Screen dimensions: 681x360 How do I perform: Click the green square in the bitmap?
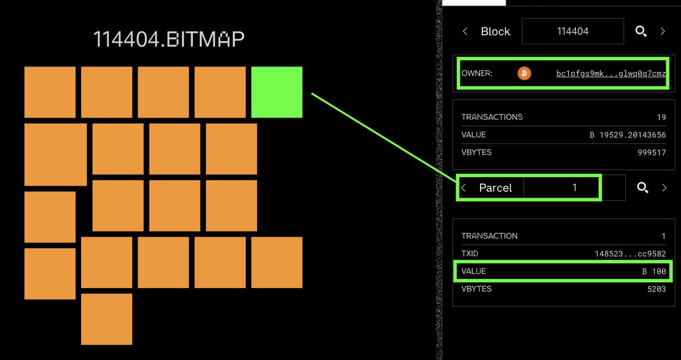point(276,92)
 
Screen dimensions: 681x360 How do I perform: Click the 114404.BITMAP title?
point(169,39)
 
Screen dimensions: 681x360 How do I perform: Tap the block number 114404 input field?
point(573,32)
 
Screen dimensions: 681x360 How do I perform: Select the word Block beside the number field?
point(495,32)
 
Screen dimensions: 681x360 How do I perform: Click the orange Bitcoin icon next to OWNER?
point(524,73)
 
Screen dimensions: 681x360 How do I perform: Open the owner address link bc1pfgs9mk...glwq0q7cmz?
point(611,74)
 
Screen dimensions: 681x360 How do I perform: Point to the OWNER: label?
point(477,74)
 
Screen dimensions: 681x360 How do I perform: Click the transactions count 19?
point(661,117)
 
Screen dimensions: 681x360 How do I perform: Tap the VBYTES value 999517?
point(652,152)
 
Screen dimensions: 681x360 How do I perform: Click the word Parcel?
point(495,188)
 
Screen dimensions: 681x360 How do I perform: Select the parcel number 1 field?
point(574,188)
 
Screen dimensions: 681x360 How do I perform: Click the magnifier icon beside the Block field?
point(641,32)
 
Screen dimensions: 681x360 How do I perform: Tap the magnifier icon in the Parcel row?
point(642,188)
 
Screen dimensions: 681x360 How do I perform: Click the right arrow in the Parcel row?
point(664,188)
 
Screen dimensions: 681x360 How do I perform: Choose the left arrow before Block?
point(465,32)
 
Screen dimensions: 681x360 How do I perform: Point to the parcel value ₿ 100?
point(654,271)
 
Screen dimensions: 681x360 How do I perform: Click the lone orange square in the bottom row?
point(107,319)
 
